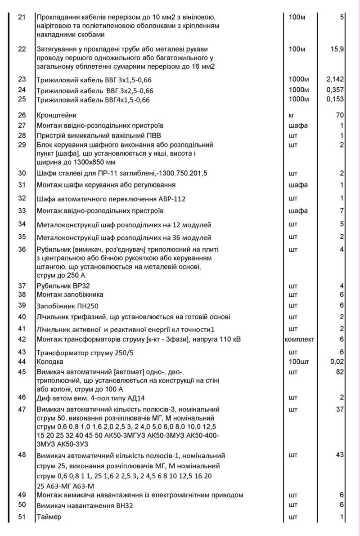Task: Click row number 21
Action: [x=22, y=18]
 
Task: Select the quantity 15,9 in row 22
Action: [x=337, y=49]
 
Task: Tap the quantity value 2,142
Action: [x=335, y=79]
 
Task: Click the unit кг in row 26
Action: [x=292, y=115]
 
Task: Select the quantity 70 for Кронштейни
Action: [x=340, y=115]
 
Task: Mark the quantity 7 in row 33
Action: [x=342, y=210]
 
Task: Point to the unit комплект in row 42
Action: [x=299, y=339]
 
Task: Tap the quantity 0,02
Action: [x=337, y=362]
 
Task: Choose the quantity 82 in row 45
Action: [x=340, y=372]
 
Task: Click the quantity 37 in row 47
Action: [x=340, y=409]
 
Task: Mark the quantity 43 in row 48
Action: [x=340, y=456]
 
